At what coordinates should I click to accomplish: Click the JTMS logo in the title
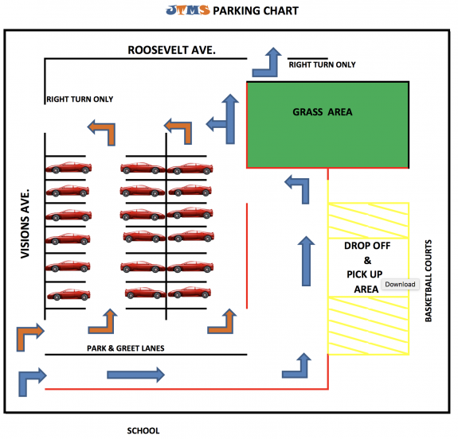pyautogui.click(x=185, y=10)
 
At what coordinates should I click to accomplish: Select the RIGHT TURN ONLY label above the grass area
pyautogui.click(x=322, y=64)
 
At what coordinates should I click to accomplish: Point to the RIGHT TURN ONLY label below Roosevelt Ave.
pyautogui.click(x=80, y=99)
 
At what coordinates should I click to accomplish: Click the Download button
pyautogui.click(x=399, y=284)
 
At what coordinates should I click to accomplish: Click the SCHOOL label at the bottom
pyautogui.click(x=143, y=430)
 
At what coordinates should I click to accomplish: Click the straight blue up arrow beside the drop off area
pyautogui.click(x=305, y=260)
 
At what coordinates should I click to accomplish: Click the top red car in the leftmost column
pyautogui.click(x=68, y=168)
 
